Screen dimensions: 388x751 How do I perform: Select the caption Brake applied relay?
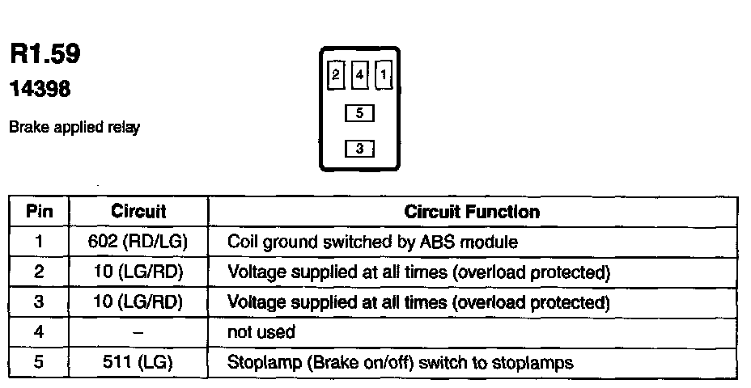click(x=74, y=128)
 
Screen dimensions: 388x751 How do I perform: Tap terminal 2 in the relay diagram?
click(x=336, y=76)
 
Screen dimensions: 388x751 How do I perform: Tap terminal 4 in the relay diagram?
click(x=359, y=76)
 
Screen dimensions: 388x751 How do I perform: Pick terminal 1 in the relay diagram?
click(x=384, y=76)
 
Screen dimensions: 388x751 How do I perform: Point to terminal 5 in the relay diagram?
click(x=359, y=114)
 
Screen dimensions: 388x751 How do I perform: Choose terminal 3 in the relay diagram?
click(x=359, y=149)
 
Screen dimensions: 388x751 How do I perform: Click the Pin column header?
click(x=39, y=212)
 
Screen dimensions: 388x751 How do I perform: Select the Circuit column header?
click(x=138, y=212)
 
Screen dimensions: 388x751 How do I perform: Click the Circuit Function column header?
click(x=472, y=212)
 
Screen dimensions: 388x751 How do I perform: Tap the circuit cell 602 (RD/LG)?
click(x=138, y=242)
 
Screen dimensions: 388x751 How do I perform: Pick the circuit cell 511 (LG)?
click(x=138, y=362)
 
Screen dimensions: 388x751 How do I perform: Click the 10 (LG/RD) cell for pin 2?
click(x=138, y=272)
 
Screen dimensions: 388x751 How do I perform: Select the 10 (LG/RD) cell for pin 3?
click(x=138, y=302)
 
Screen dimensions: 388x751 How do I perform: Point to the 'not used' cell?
click(x=262, y=332)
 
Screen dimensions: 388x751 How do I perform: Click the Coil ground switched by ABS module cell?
click(x=373, y=242)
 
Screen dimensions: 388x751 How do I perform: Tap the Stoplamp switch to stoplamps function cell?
click(x=401, y=362)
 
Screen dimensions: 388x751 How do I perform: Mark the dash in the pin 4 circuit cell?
click(x=138, y=332)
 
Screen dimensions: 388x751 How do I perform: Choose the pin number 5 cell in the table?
click(x=39, y=362)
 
